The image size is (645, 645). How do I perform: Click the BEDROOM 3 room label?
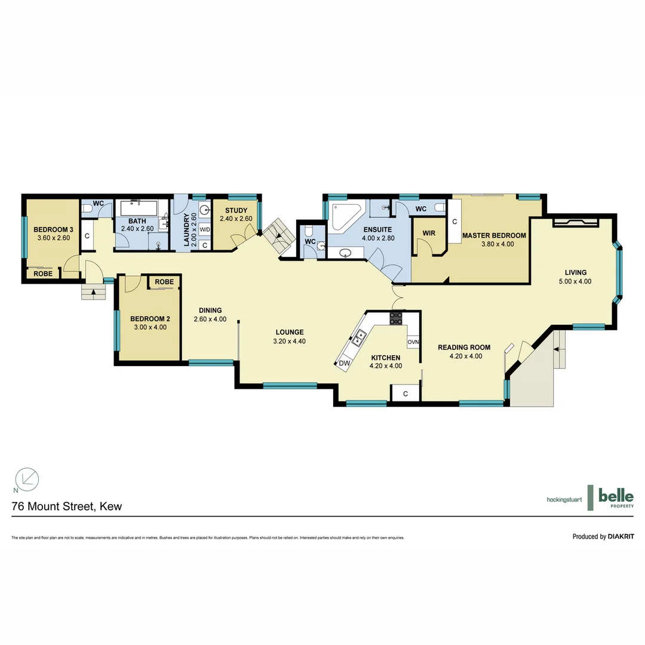tap(53, 230)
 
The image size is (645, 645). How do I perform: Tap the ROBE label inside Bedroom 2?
tap(164, 282)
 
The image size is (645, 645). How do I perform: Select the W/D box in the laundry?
tap(205, 229)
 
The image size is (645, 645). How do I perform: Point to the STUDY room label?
tap(236, 210)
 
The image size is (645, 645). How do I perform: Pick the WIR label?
tap(428, 232)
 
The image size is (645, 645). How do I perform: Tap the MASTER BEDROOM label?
tap(494, 235)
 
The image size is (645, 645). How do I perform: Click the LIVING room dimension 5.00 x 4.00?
tap(576, 281)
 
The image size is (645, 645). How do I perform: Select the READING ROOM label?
tap(464, 348)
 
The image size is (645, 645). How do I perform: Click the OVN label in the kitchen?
tap(413, 342)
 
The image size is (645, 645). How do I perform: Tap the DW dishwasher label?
tap(344, 363)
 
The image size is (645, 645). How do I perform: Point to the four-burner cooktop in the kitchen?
tap(396, 318)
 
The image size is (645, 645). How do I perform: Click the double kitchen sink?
tap(359, 339)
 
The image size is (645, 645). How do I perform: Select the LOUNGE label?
tap(290, 333)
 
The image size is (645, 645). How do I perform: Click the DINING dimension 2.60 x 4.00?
tap(210, 319)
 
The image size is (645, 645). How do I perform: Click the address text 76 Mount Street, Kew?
tap(67, 506)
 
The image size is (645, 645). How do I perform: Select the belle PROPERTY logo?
tap(615, 497)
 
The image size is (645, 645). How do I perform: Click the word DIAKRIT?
tap(621, 536)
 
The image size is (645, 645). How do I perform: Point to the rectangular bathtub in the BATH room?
tap(139, 208)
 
